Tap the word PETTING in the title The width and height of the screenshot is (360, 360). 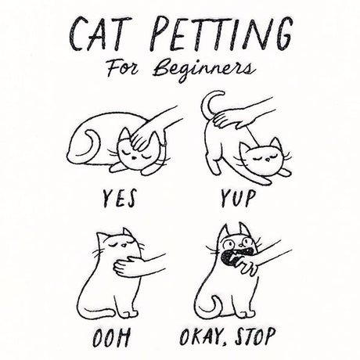[x=221, y=34]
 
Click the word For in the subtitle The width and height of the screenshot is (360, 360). [x=123, y=68]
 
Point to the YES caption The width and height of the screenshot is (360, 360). [x=119, y=198]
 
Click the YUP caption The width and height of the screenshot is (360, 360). [x=237, y=198]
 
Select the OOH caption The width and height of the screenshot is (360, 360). [x=111, y=337]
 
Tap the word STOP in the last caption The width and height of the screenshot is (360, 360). [x=254, y=337]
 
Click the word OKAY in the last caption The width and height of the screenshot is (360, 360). [x=201, y=337]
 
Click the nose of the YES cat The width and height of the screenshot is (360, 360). [x=133, y=157]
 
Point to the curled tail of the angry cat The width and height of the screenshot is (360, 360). [x=210, y=308]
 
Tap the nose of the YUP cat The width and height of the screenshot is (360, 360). [x=268, y=159]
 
